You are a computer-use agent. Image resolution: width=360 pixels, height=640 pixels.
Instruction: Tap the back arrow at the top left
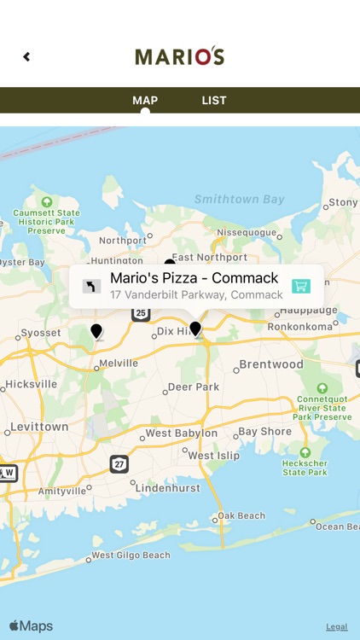[x=26, y=57]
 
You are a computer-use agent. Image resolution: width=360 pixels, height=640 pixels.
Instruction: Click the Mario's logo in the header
[x=180, y=56]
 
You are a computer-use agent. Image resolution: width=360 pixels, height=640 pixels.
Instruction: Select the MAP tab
[x=145, y=101]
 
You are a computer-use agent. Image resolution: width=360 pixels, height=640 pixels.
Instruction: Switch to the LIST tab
[x=214, y=101]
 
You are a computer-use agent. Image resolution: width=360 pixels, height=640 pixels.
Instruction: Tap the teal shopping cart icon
[x=300, y=286]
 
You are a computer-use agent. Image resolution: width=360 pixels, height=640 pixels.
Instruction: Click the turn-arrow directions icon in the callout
[x=91, y=286]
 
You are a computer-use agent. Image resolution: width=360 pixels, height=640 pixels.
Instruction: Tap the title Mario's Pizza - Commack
[x=194, y=278]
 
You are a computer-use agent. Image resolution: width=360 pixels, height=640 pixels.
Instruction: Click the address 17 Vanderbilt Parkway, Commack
[x=196, y=295]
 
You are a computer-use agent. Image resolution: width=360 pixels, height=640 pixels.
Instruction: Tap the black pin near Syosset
[x=96, y=331]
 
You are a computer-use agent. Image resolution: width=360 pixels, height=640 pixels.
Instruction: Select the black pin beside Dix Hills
[x=195, y=329]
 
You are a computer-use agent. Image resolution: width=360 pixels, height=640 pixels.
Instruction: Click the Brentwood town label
[x=271, y=364]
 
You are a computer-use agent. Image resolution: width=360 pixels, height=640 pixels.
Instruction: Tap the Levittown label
[x=39, y=427]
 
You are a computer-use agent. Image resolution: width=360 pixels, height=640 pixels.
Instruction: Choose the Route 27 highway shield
[x=119, y=464]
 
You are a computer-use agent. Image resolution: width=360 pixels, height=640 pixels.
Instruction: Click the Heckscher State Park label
[x=305, y=467]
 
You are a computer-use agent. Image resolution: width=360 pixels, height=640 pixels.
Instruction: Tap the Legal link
[x=336, y=626]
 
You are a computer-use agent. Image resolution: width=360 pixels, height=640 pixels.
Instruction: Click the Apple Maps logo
[x=31, y=626]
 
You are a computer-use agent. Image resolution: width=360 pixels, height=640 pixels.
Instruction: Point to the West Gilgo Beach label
[x=131, y=556]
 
